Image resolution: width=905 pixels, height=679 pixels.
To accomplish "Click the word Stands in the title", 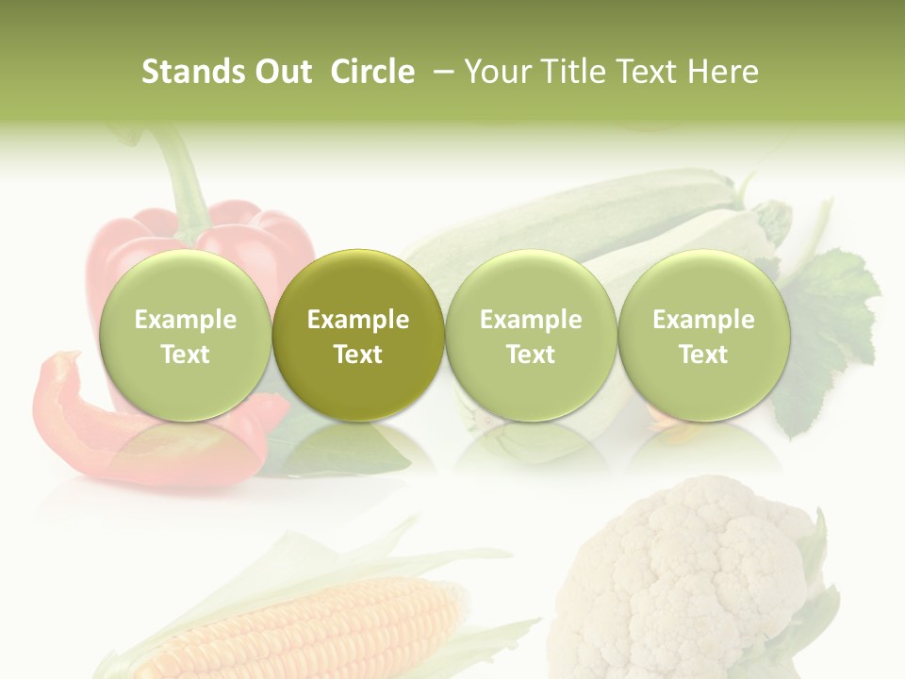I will [188, 72].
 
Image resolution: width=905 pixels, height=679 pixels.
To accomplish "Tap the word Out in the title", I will [281, 72].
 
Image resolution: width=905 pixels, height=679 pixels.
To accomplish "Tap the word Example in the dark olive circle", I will [358, 320].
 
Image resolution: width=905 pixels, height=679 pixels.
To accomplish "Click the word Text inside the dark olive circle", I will [358, 355].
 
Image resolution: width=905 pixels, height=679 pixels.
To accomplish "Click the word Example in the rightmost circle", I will [703, 320].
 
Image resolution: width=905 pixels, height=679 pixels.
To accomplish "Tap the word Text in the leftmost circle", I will [185, 355].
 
